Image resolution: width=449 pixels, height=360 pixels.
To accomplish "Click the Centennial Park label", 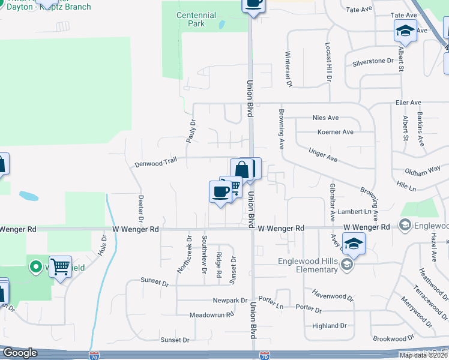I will click(196, 19).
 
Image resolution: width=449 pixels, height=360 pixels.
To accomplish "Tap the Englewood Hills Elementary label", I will click(307, 265).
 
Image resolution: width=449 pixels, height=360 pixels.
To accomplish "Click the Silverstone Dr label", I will click(372, 61).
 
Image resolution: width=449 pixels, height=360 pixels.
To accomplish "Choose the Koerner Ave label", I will click(335, 132).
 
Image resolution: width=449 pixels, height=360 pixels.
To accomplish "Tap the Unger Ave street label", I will click(323, 155).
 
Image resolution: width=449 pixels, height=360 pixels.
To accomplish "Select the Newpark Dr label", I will click(230, 300).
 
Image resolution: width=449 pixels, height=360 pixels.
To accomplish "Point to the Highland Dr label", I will click(330, 326).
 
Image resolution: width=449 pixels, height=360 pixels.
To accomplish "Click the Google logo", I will click(19, 353).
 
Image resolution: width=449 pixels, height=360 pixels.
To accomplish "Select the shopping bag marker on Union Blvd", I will click(242, 169).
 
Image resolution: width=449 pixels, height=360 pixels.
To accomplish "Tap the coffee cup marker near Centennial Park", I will click(254, 3).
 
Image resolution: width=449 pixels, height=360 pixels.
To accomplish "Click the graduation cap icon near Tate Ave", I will click(405, 31).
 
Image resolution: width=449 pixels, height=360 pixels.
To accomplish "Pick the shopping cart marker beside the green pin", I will click(60, 266).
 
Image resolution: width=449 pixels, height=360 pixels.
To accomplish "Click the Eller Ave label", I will click(409, 103).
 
